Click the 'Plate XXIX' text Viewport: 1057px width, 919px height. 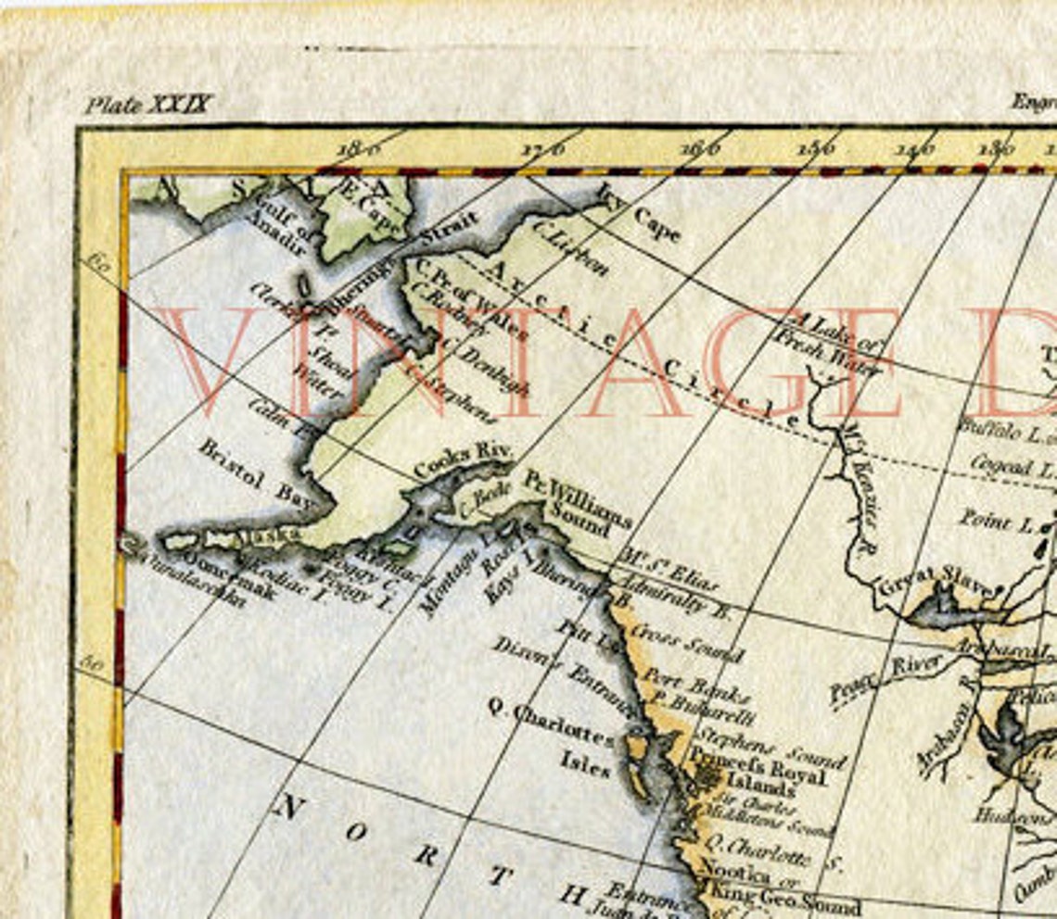149,104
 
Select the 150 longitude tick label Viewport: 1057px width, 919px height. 815,147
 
